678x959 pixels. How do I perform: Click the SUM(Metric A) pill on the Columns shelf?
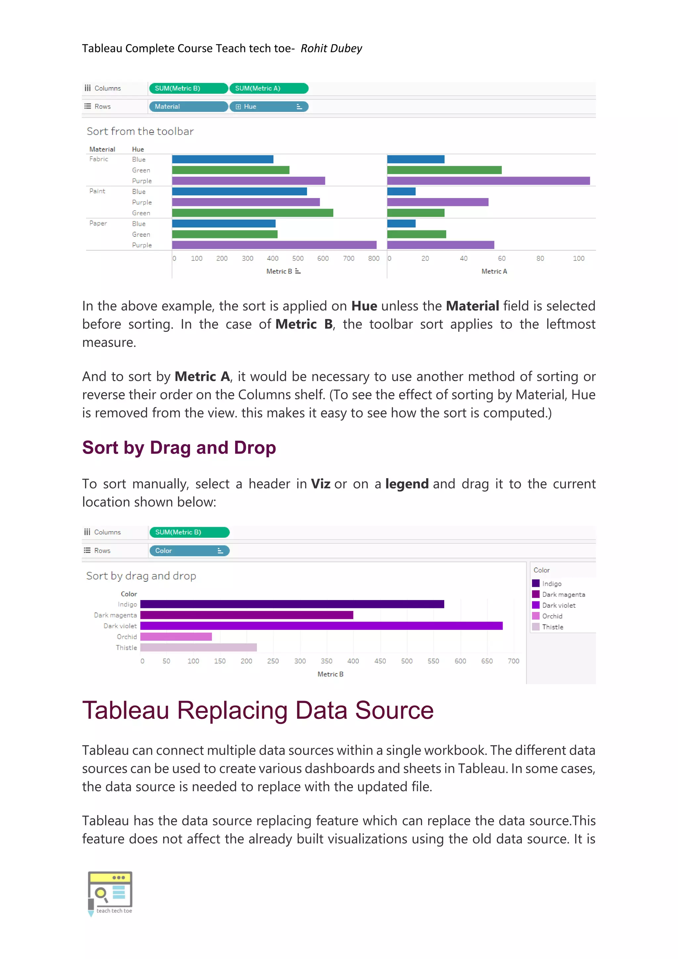269,88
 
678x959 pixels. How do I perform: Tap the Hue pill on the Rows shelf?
269,107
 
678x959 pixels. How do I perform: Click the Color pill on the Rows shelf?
189,550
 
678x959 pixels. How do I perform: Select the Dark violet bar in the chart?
321,626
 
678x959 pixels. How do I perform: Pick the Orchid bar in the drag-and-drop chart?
176,636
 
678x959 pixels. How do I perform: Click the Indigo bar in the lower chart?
292,604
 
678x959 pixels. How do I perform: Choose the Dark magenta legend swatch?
536,594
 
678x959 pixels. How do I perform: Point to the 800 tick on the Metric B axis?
374,258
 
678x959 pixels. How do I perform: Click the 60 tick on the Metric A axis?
502,258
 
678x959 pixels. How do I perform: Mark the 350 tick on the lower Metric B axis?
326,661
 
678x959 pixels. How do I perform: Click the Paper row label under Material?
98,223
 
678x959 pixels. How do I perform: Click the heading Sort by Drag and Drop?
179,448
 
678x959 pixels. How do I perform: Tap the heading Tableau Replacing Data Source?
258,710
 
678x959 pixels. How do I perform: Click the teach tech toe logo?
110,893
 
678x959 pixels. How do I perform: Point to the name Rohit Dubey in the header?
331,48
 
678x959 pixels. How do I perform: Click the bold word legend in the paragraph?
407,484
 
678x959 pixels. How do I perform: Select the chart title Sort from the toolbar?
140,131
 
